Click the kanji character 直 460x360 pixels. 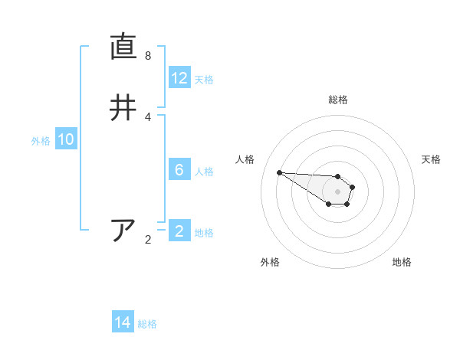tap(123, 47)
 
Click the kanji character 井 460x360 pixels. tap(123, 107)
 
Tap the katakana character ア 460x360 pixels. tap(123, 230)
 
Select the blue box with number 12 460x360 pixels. tap(179, 78)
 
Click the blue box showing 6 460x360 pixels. tap(179, 170)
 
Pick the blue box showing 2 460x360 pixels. tap(179, 231)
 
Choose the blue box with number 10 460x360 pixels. tap(66, 139)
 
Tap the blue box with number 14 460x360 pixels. tap(123, 322)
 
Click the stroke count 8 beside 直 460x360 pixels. tap(148, 56)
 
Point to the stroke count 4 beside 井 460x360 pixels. tap(148, 116)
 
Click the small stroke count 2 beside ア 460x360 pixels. tap(148, 240)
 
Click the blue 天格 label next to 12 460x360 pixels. tap(204, 79)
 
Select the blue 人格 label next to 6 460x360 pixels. tap(204, 171)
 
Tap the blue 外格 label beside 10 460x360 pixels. tap(41, 140)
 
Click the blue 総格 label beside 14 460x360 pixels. tap(147, 323)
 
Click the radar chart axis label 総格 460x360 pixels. tap(337, 100)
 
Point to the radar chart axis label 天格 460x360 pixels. tap(431, 159)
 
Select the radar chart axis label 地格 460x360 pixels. tap(402, 262)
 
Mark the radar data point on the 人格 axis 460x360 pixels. tap(279, 172)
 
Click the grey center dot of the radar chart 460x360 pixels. tap(337, 191)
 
